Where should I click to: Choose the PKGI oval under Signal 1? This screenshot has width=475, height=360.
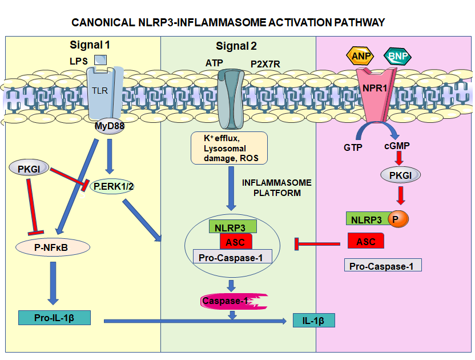coord(29,168)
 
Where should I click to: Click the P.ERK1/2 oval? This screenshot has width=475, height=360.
coord(112,186)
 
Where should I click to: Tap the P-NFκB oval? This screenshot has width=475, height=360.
coord(53,247)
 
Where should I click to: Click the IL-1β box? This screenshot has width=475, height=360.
coord(313,320)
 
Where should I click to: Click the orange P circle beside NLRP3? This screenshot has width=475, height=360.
coord(395,218)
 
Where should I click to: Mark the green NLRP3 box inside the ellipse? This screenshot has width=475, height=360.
coord(232,227)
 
